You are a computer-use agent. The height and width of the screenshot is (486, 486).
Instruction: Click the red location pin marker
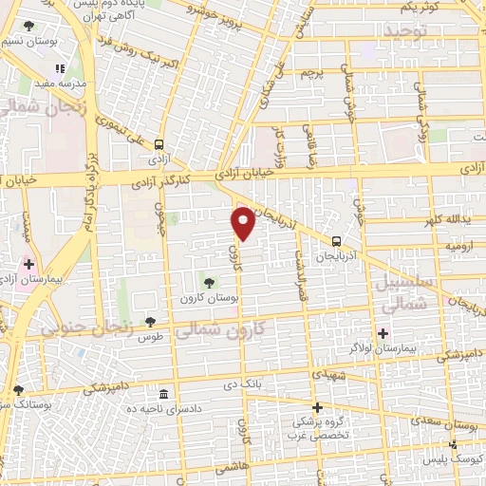click(243, 223)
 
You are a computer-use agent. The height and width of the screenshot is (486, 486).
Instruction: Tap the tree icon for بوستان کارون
click(210, 281)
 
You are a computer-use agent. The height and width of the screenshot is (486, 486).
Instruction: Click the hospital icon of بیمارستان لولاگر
click(383, 332)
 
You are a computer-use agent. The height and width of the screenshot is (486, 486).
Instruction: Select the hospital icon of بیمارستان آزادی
click(28, 264)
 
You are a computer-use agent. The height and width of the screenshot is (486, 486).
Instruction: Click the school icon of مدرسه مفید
click(59, 69)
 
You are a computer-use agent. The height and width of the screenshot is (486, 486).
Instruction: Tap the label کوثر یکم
click(419, 7)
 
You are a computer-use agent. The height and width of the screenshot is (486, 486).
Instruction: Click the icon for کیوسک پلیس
click(453, 443)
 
